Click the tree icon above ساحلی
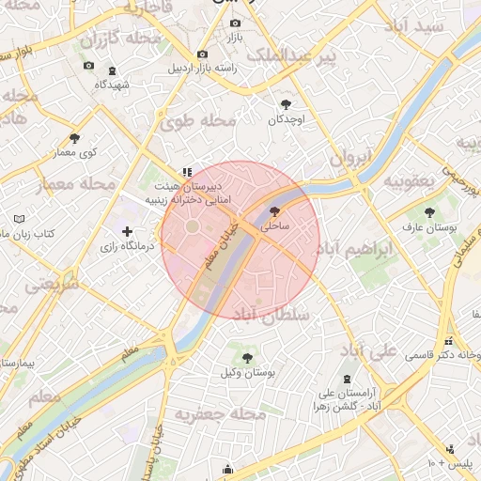click(274, 212)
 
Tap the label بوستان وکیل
click(246, 373)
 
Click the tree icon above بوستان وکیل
click(247, 358)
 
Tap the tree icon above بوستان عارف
click(429, 212)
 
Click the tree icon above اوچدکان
click(286, 104)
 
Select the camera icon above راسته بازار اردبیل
click(203, 54)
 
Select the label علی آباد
click(373, 353)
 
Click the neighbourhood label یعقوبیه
click(405, 180)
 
